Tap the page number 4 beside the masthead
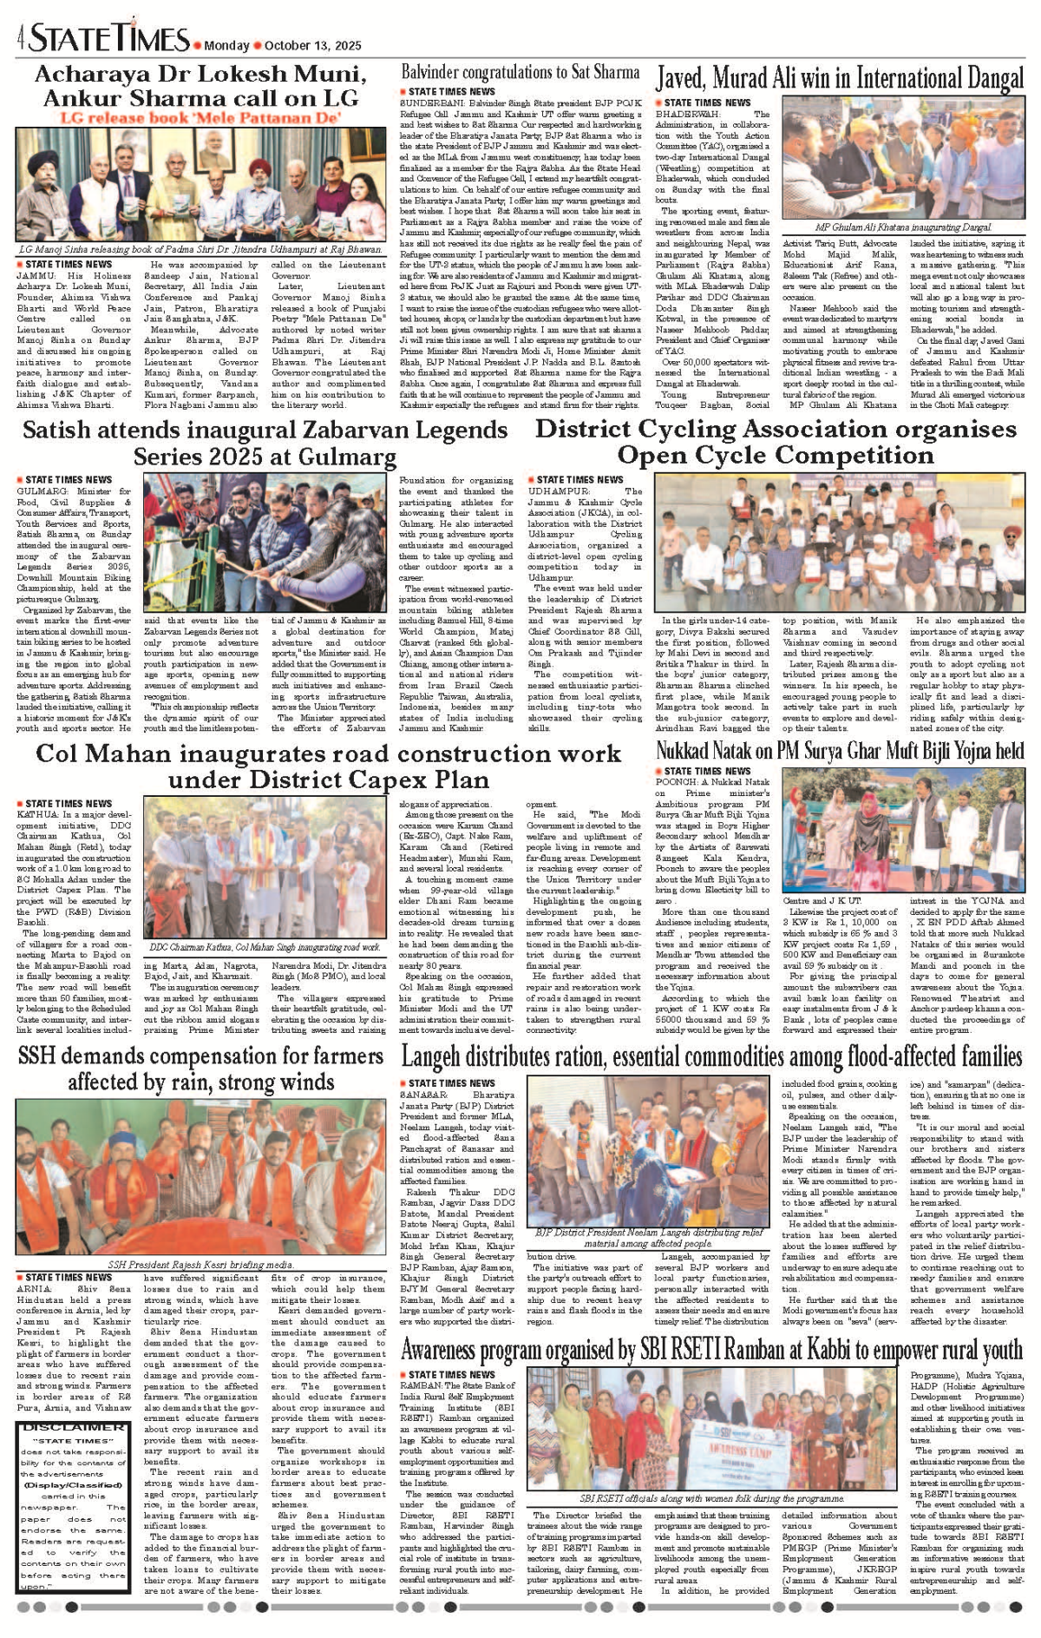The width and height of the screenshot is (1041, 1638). [20, 39]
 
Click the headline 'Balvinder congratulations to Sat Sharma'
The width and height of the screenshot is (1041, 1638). [520, 72]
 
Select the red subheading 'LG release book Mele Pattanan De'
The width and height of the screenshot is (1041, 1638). [200, 117]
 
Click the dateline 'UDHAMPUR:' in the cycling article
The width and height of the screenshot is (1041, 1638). [553, 491]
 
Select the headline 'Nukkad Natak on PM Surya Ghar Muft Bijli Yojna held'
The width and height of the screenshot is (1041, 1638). [839, 750]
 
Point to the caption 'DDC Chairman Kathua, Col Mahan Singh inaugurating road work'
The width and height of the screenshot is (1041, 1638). [265, 947]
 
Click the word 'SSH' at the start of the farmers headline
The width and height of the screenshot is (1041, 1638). [36, 1056]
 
